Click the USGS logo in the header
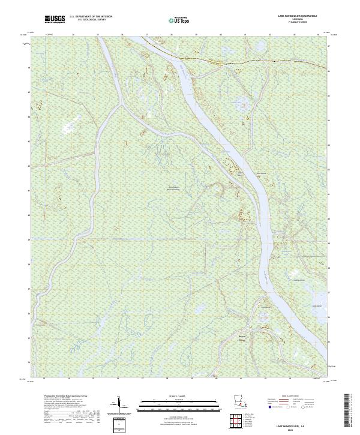[x=55, y=19]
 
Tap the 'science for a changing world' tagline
[x=55, y=22]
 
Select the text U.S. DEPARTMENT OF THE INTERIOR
[x=91, y=17]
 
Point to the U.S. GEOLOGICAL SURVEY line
[x=91, y=20]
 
